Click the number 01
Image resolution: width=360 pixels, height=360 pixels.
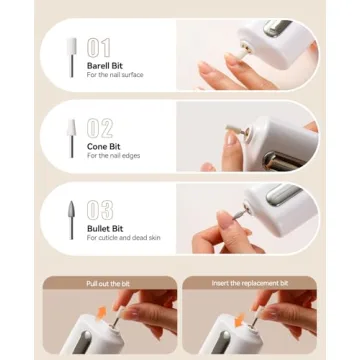click(x=100, y=46)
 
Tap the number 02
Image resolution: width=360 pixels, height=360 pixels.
click(x=100, y=127)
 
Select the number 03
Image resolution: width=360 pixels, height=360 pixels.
click(x=100, y=210)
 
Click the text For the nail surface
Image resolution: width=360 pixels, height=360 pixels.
click(x=118, y=76)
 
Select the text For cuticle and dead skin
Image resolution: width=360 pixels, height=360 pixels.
click(x=123, y=238)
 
